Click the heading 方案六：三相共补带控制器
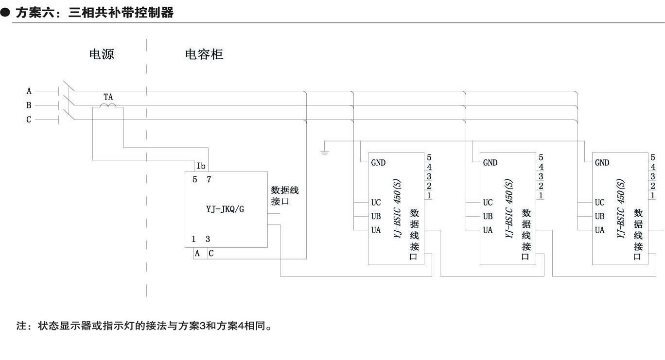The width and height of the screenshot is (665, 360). (94, 13)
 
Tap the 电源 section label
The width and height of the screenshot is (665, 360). (102, 54)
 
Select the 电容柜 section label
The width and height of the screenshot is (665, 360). (204, 54)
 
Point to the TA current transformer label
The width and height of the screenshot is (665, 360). (108, 97)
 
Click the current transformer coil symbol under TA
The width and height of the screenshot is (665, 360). (108, 105)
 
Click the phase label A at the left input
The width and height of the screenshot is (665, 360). (29, 91)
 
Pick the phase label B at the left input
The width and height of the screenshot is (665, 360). (29, 105)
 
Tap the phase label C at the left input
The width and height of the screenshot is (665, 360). (29, 120)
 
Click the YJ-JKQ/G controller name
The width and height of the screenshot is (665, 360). (225, 210)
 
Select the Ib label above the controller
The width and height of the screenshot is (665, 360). (201, 166)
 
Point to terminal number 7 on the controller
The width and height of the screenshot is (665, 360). (209, 179)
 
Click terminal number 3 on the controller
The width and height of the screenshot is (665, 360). (208, 239)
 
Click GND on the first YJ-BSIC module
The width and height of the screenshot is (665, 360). (378, 163)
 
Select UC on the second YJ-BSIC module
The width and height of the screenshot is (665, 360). (488, 203)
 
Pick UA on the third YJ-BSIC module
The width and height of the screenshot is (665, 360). (599, 230)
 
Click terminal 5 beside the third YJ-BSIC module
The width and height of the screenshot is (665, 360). (653, 157)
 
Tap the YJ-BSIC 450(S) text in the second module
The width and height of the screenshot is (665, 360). (509, 208)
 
